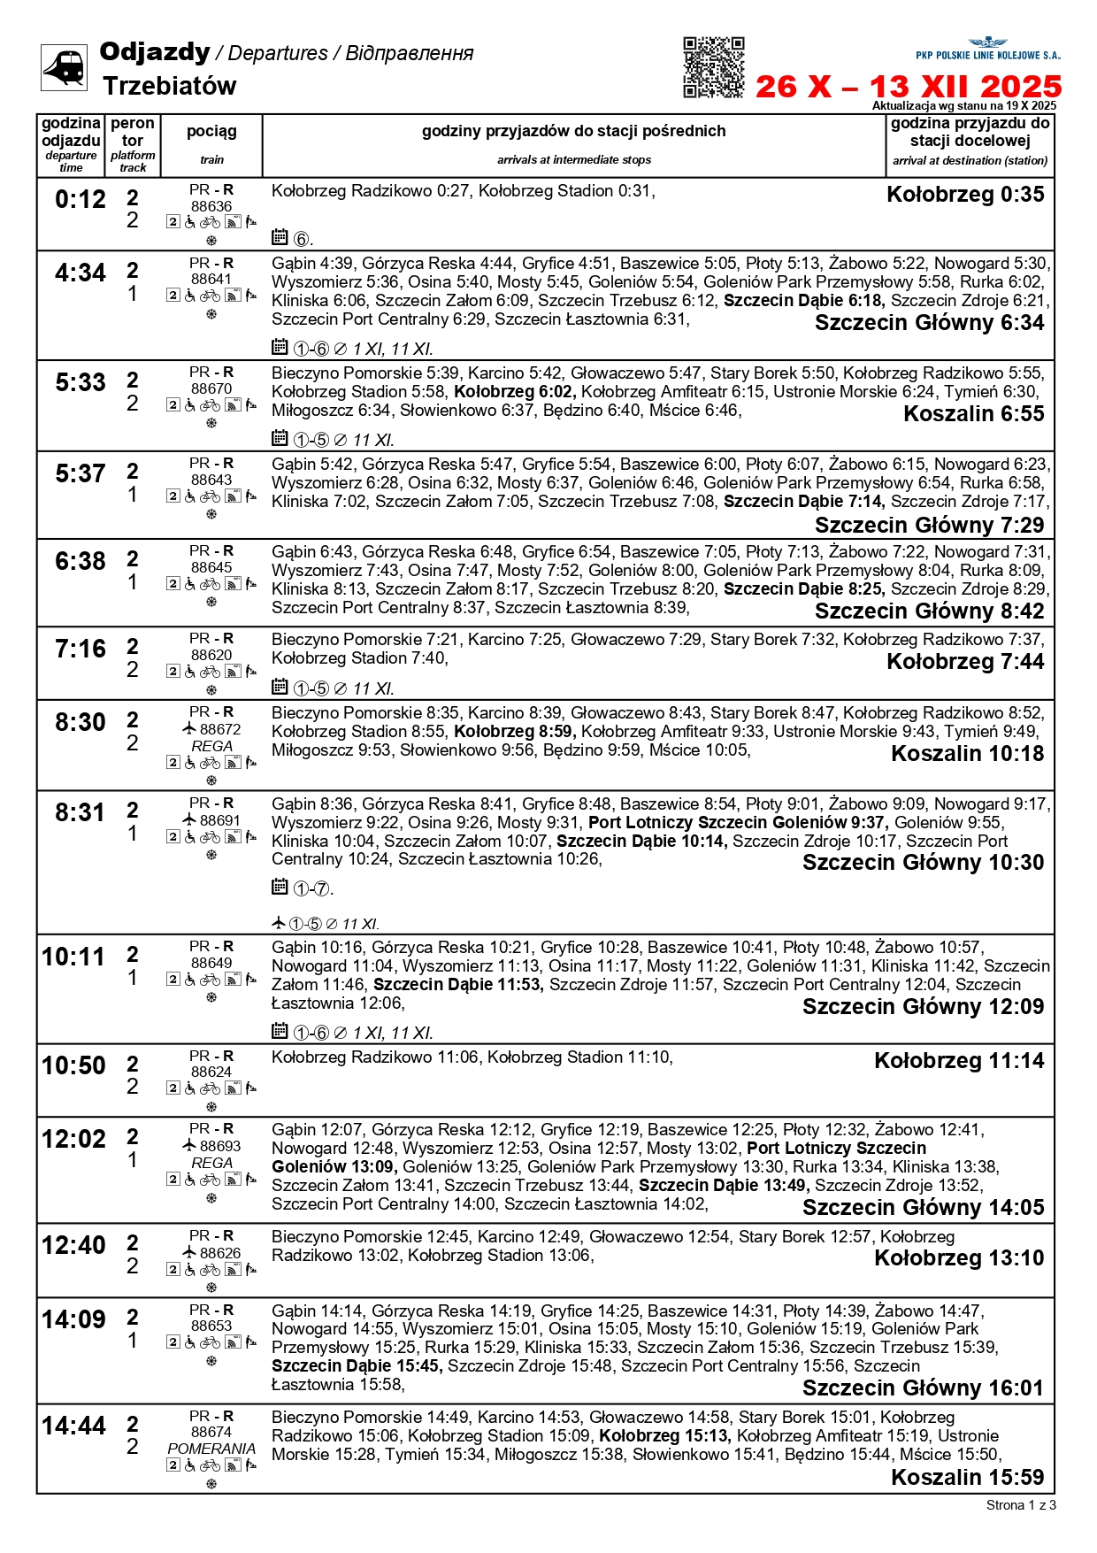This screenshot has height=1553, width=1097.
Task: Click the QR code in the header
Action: point(713,67)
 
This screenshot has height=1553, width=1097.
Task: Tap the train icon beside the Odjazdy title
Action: point(64,67)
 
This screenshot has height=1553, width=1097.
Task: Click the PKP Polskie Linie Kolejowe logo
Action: point(987,49)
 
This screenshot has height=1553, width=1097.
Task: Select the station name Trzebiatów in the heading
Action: point(169,87)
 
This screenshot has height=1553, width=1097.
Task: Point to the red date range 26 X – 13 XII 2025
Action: point(908,87)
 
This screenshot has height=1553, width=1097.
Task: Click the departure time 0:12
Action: point(80,199)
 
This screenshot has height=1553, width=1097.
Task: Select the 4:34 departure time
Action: point(80,273)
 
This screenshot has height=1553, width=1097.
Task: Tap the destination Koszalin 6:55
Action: point(973,414)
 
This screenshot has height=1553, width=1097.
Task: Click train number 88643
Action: point(211,480)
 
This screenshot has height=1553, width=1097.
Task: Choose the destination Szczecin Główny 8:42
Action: point(929,611)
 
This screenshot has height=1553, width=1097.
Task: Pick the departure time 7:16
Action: point(80,650)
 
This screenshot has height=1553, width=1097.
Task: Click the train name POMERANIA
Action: point(211,1449)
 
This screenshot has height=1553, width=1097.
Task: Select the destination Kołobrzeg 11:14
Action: point(959,1061)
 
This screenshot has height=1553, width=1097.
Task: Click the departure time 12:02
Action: point(73,1139)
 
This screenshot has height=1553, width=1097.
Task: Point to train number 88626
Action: point(220,1253)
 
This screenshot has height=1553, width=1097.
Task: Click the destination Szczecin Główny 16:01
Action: point(923,1388)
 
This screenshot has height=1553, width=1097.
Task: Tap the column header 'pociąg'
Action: point(211,132)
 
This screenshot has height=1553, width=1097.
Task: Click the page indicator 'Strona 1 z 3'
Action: point(1020,1505)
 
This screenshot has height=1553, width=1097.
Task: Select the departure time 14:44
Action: point(73,1426)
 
